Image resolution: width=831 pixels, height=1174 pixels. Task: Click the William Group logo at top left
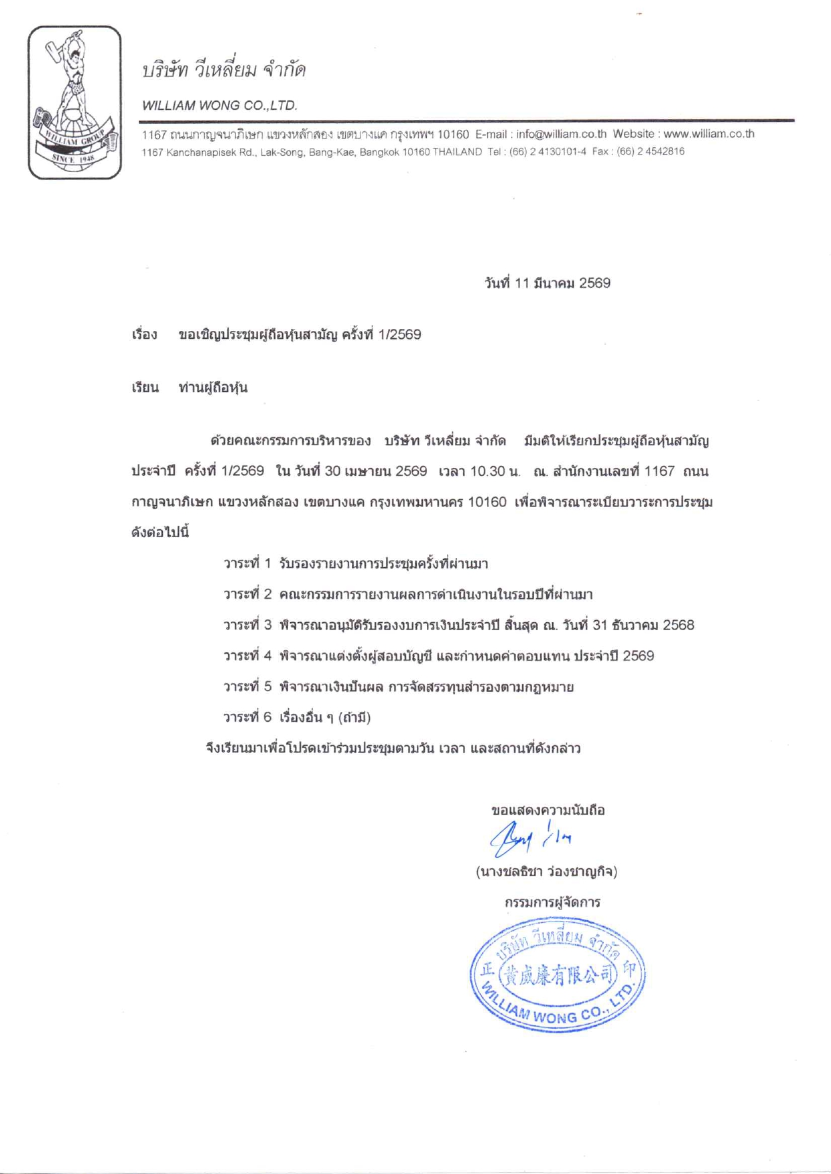[x=74, y=102]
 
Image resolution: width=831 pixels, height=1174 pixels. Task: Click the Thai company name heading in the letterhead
[x=224, y=70]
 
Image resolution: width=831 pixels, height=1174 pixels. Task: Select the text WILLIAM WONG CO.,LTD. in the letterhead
[x=220, y=105]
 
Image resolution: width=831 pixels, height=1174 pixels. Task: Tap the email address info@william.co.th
[x=561, y=134]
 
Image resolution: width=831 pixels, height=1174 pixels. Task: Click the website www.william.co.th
[x=708, y=134]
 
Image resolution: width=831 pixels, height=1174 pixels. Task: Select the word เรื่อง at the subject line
[x=144, y=334]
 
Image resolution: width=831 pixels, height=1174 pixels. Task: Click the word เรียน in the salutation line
[x=145, y=388]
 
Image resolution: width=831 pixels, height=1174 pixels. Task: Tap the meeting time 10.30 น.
[x=495, y=471]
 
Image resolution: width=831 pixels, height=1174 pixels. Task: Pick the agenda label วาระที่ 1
[x=247, y=564]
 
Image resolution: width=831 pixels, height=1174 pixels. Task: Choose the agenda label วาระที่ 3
[x=247, y=626]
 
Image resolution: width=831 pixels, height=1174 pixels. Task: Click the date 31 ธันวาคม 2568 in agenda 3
[x=643, y=626]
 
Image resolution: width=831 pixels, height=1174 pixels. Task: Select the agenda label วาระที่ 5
[x=247, y=687]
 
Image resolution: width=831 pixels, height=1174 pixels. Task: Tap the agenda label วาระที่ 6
[x=247, y=718]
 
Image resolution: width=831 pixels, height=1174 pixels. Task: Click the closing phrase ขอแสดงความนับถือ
[x=548, y=810]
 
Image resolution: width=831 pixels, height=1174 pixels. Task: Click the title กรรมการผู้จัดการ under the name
[x=552, y=902]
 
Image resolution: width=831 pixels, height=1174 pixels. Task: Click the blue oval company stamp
[x=558, y=976]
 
